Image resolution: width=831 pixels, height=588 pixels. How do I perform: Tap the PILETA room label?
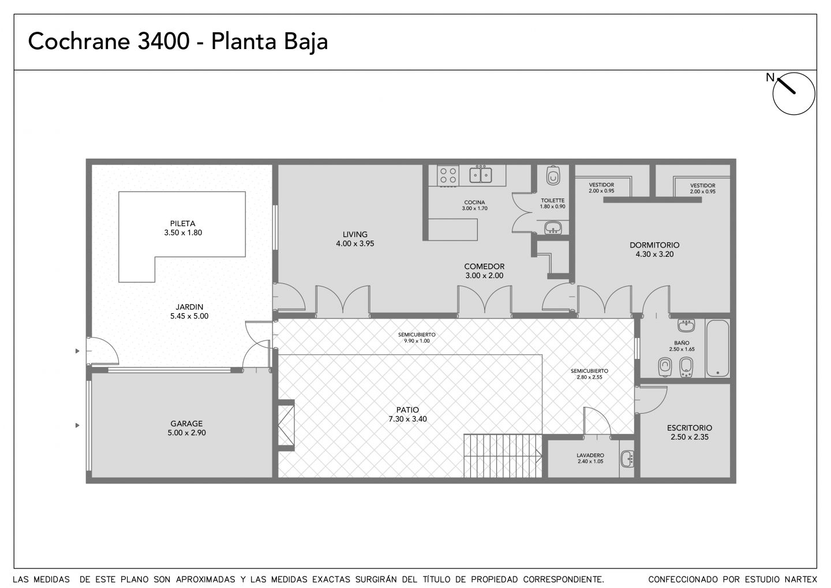[182, 224]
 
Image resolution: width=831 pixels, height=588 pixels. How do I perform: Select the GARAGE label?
[186, 424]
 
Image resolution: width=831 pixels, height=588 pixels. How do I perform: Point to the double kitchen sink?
[481, 175]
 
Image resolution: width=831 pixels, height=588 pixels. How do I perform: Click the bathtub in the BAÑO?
[717, 348]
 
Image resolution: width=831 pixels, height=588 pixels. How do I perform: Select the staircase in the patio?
[503, 456]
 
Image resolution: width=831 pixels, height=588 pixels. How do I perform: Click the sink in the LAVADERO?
[627, 459]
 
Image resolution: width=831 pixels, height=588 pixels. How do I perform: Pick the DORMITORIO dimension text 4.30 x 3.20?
[654, 254]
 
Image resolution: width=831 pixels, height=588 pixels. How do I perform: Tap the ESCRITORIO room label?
[689, 428]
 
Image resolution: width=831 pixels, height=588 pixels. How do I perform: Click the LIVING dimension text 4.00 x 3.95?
[355, 244]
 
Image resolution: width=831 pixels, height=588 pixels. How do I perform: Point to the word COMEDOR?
[484, 267]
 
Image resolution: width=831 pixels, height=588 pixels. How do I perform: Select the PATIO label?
[407, 410]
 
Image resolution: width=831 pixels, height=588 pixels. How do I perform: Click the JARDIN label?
[189, 307]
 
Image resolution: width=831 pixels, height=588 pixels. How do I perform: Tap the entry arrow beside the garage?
[77, 425]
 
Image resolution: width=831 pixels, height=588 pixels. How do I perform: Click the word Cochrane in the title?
[78, 41]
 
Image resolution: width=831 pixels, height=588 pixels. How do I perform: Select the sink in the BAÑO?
[686, 325]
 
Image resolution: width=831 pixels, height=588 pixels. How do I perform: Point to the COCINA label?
[474, 202]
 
